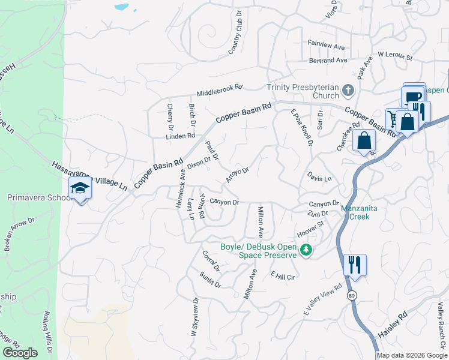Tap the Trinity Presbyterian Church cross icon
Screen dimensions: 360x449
(x=348, y=91)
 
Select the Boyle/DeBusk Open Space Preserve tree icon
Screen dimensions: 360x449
(x=306, y=250)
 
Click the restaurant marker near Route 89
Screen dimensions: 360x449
(x=355, y=264)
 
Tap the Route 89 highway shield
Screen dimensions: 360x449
(x=352, y=295)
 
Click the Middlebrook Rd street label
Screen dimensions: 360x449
(x=219, y=91)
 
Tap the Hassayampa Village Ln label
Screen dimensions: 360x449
(x=89, y=176)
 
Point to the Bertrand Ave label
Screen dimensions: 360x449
(x=328, y=61)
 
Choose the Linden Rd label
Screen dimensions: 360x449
(x=181, y=136)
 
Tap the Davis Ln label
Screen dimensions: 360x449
(x=319, y=179)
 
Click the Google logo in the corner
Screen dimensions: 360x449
(x=20, y=353)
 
